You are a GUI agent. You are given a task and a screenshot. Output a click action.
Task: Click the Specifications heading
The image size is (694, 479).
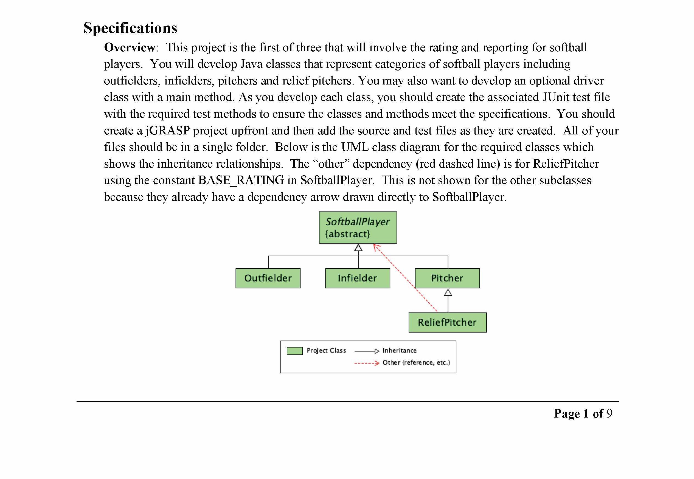tap(130, 28)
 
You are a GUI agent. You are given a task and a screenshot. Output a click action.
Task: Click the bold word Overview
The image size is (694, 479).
tap(129, 47)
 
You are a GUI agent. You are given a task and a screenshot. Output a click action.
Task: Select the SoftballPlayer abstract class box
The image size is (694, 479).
tap(358, 227)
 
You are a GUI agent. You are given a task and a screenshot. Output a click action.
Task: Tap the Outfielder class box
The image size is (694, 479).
tap(268, 278)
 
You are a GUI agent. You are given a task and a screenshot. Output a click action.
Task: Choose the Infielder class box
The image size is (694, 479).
tap(357, 278)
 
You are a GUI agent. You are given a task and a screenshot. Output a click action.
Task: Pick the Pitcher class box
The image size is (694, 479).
tap(447, 278)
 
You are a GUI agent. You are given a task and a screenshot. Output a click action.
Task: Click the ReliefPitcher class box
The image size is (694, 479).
tap(447, 322)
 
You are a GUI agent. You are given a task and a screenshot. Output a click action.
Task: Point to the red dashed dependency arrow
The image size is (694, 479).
tap(405, 278)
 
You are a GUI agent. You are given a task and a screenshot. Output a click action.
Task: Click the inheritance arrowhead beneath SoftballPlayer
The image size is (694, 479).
tap(358, 248)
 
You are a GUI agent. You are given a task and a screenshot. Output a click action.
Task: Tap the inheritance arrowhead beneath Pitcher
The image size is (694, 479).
tap(448, 292)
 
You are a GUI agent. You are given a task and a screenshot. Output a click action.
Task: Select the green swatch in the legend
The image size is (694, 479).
tap(294, 351)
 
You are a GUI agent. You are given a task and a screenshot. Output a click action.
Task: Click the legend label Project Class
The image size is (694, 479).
tap(326, 351)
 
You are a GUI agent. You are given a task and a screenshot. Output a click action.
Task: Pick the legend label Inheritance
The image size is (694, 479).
tap(400, 351)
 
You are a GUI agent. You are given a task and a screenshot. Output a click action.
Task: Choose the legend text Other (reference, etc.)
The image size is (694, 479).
tap(416, 363)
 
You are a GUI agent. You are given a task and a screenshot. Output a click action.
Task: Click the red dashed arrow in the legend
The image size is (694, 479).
tap(367, 363)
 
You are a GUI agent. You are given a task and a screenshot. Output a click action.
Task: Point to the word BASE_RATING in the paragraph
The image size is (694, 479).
tap(241, 180)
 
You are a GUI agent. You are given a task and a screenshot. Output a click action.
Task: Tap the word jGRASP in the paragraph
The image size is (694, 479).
tap(167, 131)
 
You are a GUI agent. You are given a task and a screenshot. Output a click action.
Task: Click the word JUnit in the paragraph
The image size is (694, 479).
tap(556, 97)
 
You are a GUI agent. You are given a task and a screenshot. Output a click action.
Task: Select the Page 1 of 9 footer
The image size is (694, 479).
tap(583, 414)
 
